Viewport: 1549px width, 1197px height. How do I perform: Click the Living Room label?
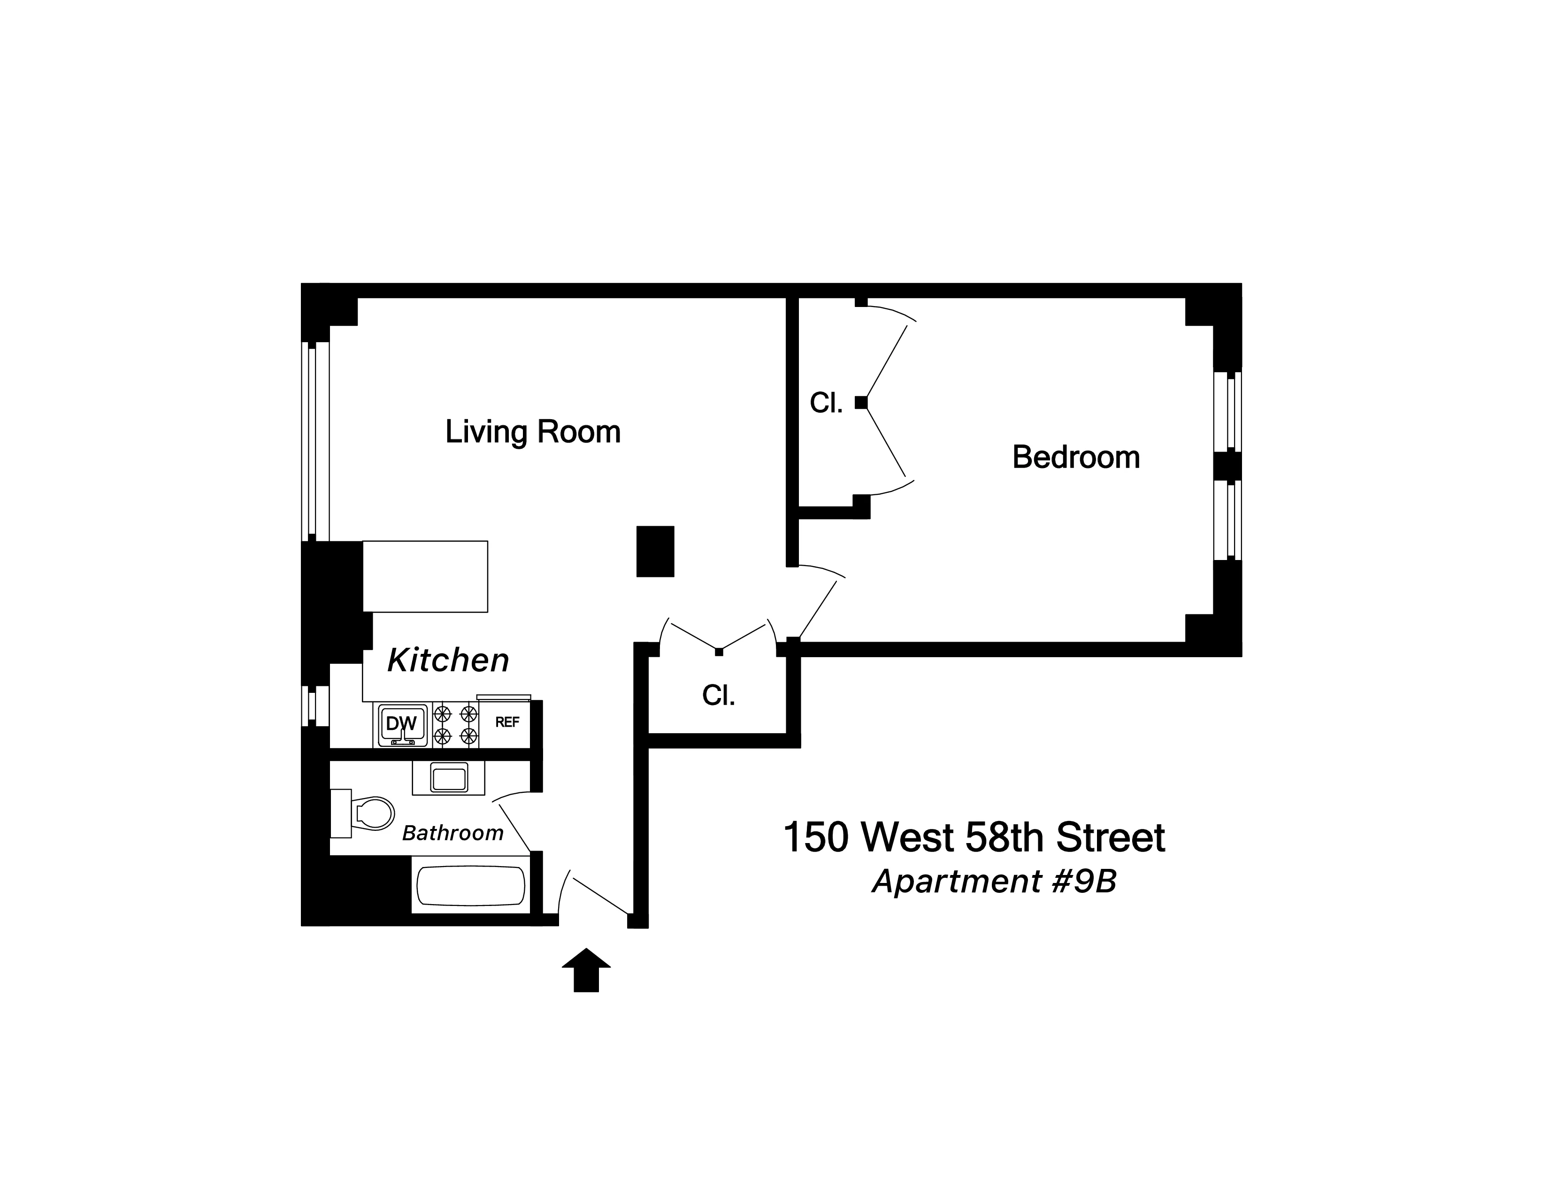point(533,432)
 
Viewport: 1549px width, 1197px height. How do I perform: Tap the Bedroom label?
point(1075,457)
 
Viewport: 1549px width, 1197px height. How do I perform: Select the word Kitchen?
point(448,660)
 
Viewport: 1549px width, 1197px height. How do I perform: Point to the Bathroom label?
point(452,833)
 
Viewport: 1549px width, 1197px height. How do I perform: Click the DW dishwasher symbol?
point(401,724)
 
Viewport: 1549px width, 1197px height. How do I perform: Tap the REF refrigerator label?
point(507,722)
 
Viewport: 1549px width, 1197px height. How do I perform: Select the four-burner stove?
point(455,724)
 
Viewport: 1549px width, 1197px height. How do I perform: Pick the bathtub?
point(471,886)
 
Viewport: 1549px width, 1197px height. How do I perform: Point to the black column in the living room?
point(655,551)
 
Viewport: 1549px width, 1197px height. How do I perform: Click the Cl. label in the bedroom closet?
point(826,404)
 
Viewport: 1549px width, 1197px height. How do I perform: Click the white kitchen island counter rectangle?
point(425,576)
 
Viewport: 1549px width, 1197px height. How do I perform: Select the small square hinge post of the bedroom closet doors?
point(861,403)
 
